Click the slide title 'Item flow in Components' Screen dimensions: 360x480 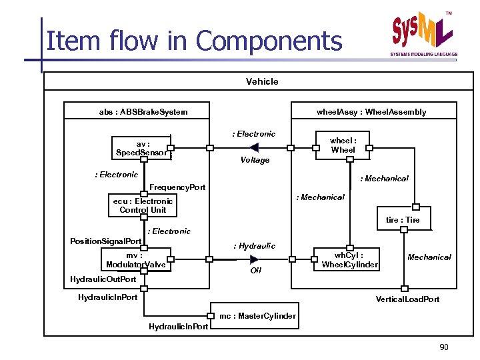pyautogui.click(x=194, y=41)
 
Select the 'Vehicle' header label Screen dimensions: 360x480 pyautogui.click(x=262, y=81)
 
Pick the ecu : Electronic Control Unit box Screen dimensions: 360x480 pyautogui.click(x=143, y=205)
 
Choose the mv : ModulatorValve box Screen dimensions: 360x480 pyautogui.click(x=135, y=260)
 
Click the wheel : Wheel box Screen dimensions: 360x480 pyautogui.click(x=343, y=145)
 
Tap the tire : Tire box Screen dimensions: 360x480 pyautogui.click(x=403, y=220)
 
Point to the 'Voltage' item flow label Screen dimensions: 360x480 pyautogui.click(x=255, y=160)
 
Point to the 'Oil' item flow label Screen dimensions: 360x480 pyautogui.click(x=255, y=271)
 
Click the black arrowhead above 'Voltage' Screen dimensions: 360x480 pyautogui.click(x=290, y=149)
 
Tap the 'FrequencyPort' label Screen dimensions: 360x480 pyautogui.click(x=177, y=187)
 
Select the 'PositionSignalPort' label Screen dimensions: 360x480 pyautogui.click(x=106, y=241)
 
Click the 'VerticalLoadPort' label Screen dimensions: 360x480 pyautogui.click(x=407, y=299)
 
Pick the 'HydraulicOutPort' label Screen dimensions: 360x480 pyautogui.click(x=103, y=279)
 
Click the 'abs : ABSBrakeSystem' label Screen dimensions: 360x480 pyautogui.click(x=143, y=112)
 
